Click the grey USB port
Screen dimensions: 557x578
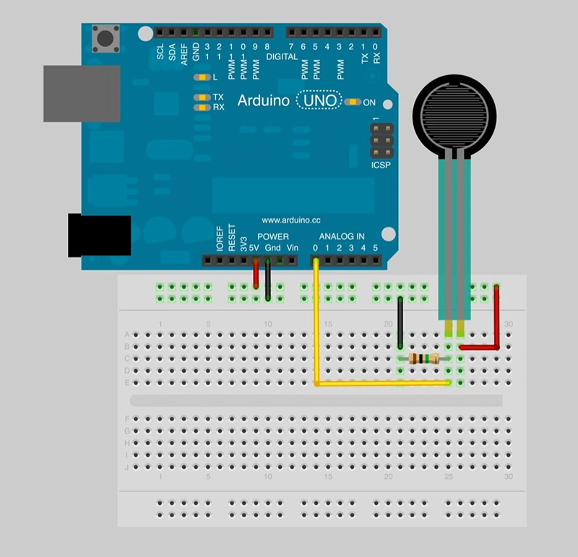pos(81,93)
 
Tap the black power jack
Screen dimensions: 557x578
pos(99,236)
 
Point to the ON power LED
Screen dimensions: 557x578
pos(353,102)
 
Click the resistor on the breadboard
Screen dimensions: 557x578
pos(424,359)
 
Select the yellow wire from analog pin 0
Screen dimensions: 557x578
pos(316,325)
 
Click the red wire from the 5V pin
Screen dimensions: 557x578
pos(256,275)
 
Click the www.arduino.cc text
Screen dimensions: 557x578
pos(291,220)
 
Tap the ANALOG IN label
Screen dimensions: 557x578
pos(342,236)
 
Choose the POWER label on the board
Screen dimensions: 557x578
pos(273,236)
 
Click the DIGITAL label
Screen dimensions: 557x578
pos(282,56)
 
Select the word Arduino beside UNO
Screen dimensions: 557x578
pos(263,100)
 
